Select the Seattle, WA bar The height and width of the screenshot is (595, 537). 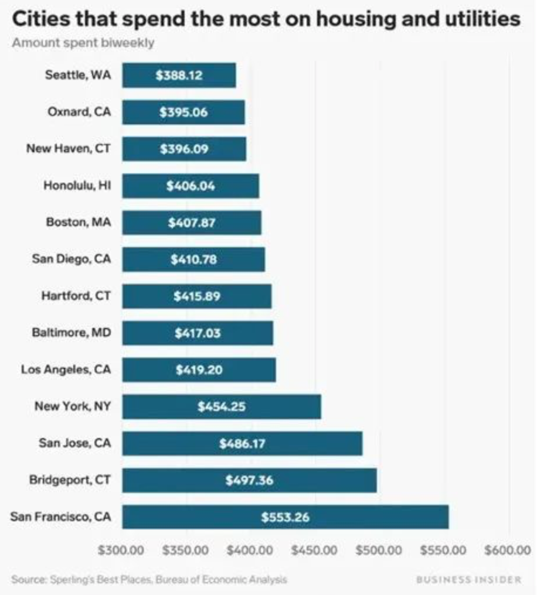[179, 76]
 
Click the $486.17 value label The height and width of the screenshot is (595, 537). [242, 444]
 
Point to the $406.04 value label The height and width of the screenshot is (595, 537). [191, 186]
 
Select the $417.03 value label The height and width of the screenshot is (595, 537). [198, 333]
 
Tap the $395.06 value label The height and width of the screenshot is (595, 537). [183, 112]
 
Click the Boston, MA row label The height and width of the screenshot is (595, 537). [78, 223]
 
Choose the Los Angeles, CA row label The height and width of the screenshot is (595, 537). [66, 370]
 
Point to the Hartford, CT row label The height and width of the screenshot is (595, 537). [76, 296]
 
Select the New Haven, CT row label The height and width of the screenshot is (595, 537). [68, 149]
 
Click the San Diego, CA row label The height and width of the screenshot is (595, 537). [71, 259]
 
